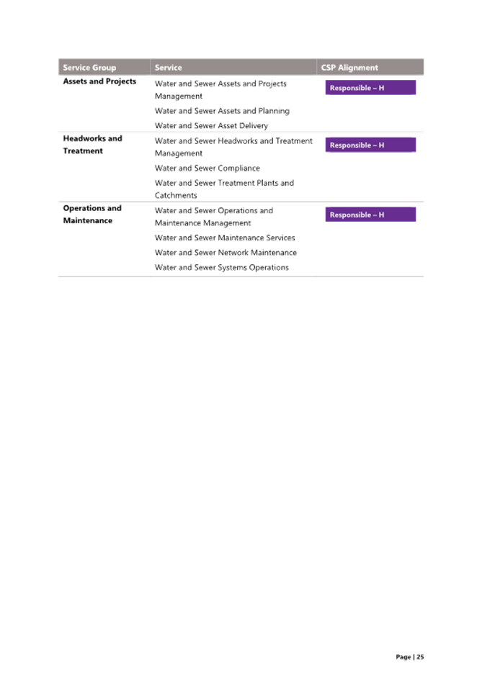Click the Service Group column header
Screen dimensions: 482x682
(x=89, y=68)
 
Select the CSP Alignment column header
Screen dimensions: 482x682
(x=349, y=68)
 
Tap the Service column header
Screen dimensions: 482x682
(x=169, y=68)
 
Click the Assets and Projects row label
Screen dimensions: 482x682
(x=99, y=81)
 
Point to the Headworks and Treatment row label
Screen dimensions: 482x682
(x=93, y=145)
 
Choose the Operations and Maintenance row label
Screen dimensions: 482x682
(x=92, y=214)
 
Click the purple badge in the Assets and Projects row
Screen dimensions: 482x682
(x=370, y=87)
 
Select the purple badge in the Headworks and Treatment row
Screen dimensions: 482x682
(x=370, y=145)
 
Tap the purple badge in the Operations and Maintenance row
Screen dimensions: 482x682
(x=370, y=215)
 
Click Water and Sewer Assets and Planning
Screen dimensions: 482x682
(x=222, y=111)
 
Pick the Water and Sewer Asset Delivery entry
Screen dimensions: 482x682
(x=211, y=126)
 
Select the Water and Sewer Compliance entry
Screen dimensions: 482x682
(x=207, y=169)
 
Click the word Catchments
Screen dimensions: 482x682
(x=176, y=195)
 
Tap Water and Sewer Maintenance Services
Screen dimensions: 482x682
(x=225, y=238)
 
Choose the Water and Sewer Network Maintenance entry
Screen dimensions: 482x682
(x=226, y=253)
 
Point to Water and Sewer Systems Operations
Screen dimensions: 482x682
(x=222, y=267)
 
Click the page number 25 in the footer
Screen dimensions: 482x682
(x=420, y=657)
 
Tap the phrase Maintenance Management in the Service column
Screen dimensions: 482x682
(x=202, y=223)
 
